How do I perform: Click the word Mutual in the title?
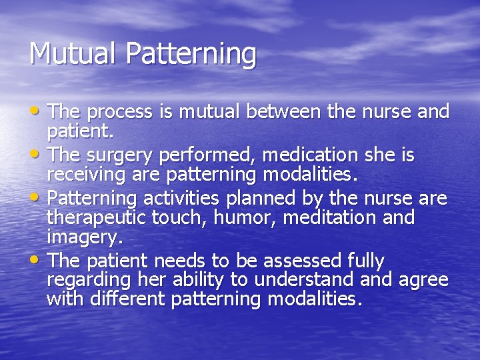pyautogui.click(x=63, y=54)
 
